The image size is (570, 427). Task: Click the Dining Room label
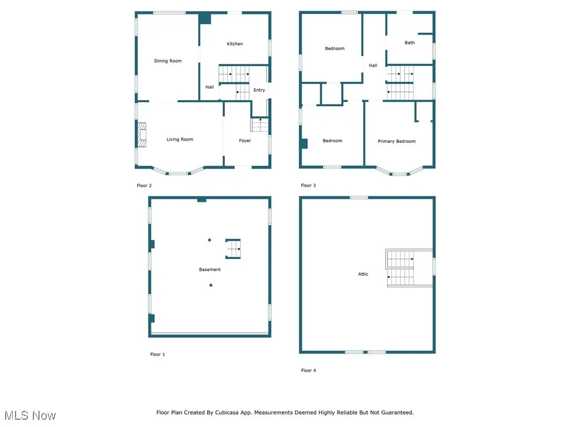point(168,61)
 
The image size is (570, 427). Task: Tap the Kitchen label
point(234,44)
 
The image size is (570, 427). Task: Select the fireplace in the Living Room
point(142,135)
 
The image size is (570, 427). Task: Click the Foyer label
point(245,141)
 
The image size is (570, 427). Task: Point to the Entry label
point(259,90)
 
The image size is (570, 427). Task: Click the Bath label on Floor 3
point(410,43)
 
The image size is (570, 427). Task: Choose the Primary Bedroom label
point(396,141)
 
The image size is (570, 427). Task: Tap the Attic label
point(363,274)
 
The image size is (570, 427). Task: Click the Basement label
point(210,270)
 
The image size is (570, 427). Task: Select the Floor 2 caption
point(144,186)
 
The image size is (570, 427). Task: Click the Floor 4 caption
point(308,370)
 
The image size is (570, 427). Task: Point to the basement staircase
point(233,249)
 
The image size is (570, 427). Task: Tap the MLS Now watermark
point(30,415)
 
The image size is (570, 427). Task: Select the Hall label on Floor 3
point(373,66)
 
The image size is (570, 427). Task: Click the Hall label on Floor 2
point(209,87)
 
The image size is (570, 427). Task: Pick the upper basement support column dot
point(209,240)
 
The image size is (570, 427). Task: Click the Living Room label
point(180,140)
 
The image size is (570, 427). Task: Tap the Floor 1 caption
point(158,354)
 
